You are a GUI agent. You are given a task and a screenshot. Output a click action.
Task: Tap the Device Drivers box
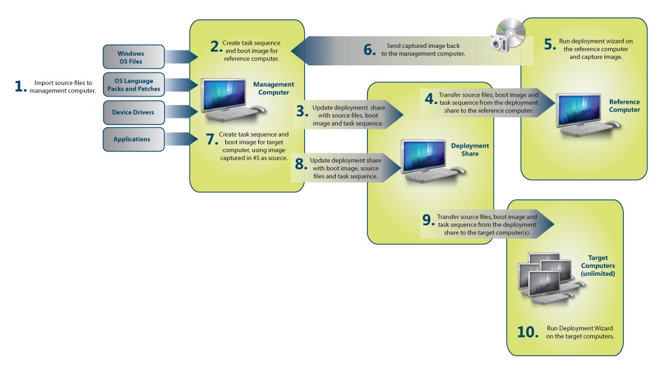click(x=131, y=112)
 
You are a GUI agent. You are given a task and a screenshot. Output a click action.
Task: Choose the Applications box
click(x=131, y=139)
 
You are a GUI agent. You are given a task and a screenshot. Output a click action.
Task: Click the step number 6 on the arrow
click(x=370, y=50)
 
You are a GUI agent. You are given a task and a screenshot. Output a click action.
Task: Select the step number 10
click(x=527, y=332)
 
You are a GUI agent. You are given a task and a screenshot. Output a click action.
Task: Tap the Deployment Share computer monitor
click(x=422, y=155)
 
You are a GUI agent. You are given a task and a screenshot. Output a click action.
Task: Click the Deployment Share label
click(x=470, y=150)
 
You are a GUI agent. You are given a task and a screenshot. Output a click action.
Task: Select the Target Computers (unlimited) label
click(x=597, y=266)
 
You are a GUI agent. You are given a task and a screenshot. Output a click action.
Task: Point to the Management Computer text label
click(x=273, y=88)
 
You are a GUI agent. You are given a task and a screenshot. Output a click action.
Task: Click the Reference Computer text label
click(x=624, y=106)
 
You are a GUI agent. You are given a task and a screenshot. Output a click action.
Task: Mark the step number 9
click(x=427, y=220)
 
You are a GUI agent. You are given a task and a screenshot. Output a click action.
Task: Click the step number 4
click(x=429, y=98)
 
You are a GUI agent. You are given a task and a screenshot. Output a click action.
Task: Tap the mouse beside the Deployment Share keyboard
click(x=458, y=171)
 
